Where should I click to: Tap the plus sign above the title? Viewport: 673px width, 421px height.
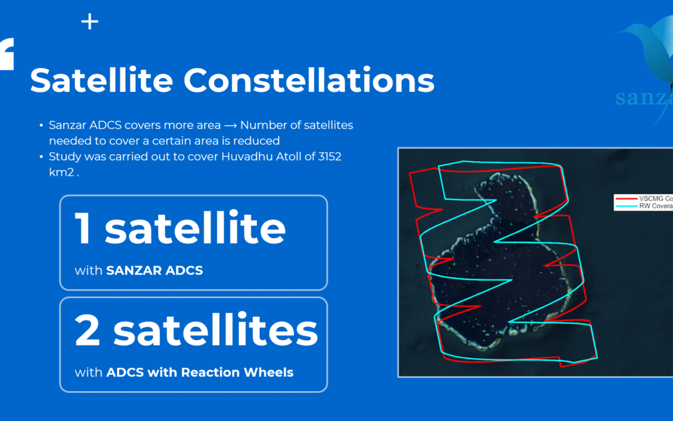click(90, 22)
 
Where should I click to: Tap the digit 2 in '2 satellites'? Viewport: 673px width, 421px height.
click(87, 331)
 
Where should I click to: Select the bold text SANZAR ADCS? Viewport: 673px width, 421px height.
click(155, 271)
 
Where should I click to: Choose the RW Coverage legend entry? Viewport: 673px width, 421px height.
click(654, 205)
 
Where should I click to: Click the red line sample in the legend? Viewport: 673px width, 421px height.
click(626, 198)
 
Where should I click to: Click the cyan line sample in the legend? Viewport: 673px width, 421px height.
click(626, 205)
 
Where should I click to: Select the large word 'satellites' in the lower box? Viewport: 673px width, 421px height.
click(215, 331)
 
